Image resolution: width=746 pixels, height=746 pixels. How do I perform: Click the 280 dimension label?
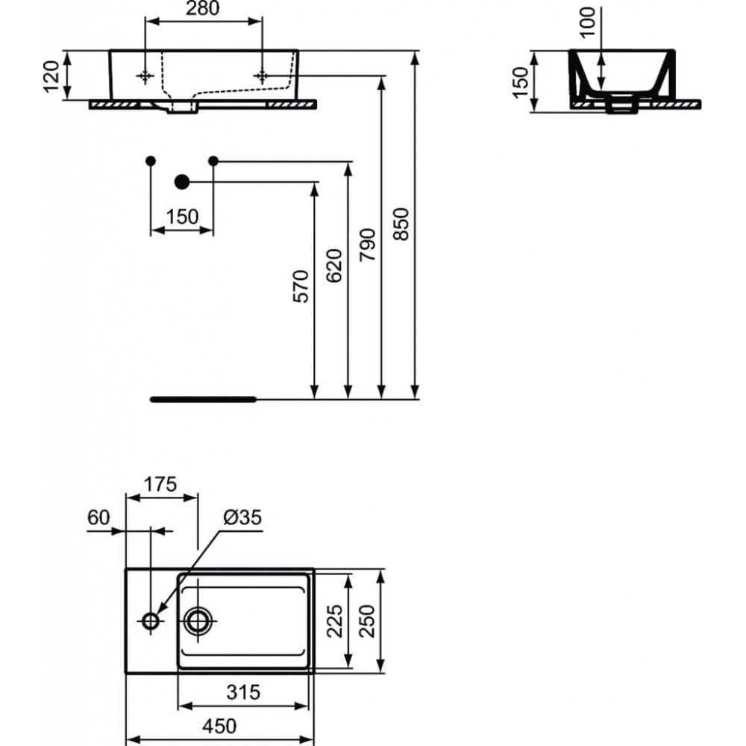pyautogui.click(x=202, y=8)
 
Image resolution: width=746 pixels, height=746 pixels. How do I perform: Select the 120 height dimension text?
pyautogui.click(x=51, y=77)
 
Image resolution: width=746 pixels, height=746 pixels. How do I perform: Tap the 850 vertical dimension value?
pyautogui.click(x=401, y=224)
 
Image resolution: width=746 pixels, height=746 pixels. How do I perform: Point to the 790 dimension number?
pyautogui.click(x=368, y=245)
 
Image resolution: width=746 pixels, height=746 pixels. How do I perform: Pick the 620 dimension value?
pyautogui.click(x=334, y=266)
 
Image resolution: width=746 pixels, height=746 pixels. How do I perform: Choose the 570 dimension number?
pyautogui.click(x=301, y=286)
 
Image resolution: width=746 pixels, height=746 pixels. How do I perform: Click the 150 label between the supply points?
pyautogui.click(x=182, y=217)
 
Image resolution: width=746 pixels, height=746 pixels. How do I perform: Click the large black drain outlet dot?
pyautogui.click(x=182, y=181)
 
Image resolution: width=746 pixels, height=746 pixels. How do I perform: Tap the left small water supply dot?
pyautogui.click(x=151, y=161)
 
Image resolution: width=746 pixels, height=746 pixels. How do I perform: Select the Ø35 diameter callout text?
pyautogui.click(x=242, y=517)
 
